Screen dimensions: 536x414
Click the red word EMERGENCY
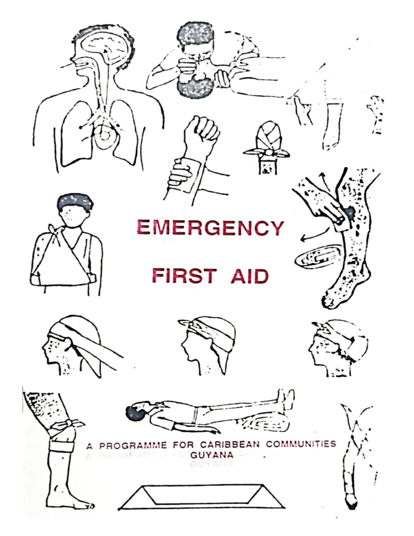(210, 228)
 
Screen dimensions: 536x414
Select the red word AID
(249, 276)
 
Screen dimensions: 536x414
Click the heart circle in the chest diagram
(105, 137)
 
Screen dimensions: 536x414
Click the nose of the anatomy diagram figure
(69, 64)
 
